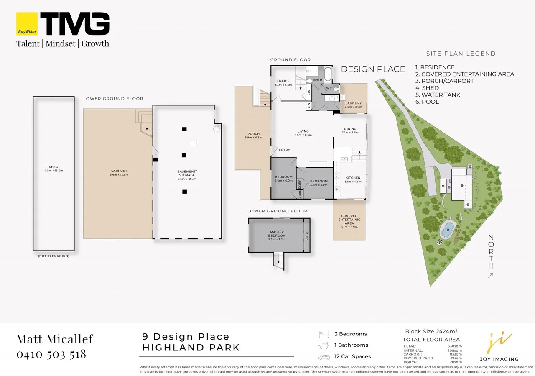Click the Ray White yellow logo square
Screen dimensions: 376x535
27,24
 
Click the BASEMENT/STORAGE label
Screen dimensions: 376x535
187,173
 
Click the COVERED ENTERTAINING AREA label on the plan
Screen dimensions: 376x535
349,220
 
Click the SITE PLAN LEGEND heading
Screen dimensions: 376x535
461,54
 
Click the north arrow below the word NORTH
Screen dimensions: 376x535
491,275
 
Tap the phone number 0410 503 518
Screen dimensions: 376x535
51,354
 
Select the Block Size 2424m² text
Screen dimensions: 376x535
431,331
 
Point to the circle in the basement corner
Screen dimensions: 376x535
216,129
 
